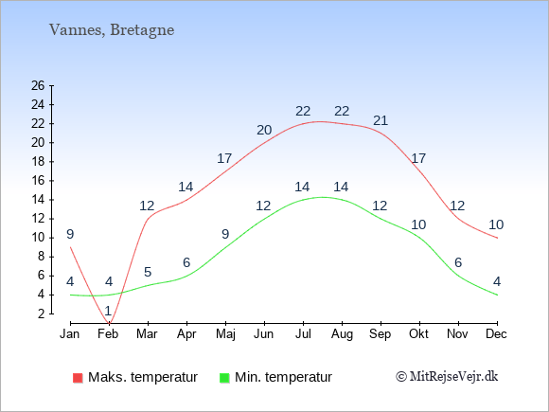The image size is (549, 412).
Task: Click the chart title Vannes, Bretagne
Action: pos(112,30)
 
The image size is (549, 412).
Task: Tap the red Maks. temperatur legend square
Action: pos(78,378)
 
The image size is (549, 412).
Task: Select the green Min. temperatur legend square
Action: pos(224,378)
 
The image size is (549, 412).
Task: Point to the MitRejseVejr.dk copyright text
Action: pos(447,377)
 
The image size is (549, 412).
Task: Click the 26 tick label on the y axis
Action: pos(38,85)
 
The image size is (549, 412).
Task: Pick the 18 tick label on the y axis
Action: pos(38,162)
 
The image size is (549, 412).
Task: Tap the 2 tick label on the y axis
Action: pos(42,313)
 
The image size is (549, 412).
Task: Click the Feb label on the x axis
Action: pos(108,334)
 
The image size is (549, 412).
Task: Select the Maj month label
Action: pos(225,334)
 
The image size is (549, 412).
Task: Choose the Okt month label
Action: pos(418,334)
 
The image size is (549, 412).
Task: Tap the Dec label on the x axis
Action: pos(496,334)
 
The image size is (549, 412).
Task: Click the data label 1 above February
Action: pos(108,311)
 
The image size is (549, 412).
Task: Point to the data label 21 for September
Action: pos(381,120)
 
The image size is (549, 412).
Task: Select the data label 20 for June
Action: pos(264,130)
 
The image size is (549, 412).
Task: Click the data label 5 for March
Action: pos(148,272)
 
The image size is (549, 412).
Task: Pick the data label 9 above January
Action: pos(70,234)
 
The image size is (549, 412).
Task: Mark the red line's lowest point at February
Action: pos(109,323)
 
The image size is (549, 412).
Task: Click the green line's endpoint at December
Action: pos(497,295)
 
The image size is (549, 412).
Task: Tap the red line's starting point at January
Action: pos(70,247)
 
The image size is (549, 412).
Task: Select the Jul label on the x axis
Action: pos(303,334)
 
